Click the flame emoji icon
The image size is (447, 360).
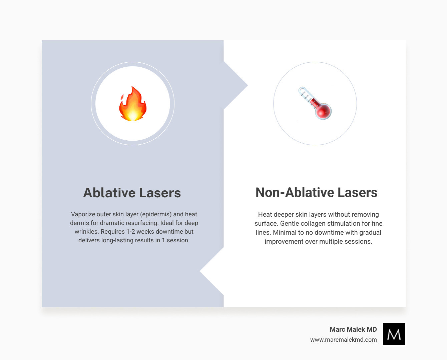(x=133, y=104)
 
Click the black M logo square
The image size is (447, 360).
(x=394, y=334)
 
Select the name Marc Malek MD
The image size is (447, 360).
(x=353, y=329)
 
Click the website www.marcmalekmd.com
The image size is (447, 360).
(x=343, y=340)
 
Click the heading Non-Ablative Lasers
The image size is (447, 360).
(x=316, y=193)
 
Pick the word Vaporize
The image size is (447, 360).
(x=83, y=214)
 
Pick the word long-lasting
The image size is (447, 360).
(x=121, y=240)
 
